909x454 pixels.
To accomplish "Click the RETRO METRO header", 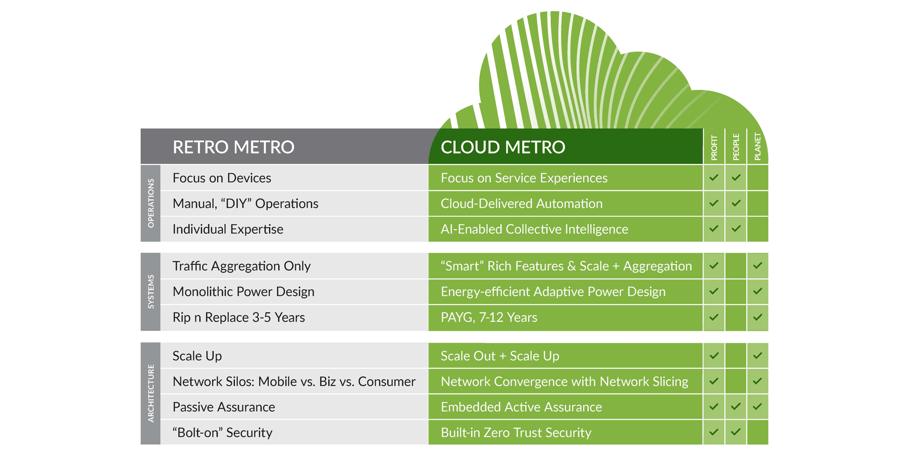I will click(233, 147).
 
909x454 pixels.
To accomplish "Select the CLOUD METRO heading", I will click(502, 147).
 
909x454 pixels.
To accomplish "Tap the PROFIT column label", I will click(714, 147).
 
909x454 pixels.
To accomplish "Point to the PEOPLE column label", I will click(736, 147).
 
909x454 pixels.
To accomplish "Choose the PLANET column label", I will click(757, 146).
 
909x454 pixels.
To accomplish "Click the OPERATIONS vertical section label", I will click(150, 203).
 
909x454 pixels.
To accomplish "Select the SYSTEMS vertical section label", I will click(150, 292).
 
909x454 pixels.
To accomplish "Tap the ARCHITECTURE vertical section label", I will click(150, 393).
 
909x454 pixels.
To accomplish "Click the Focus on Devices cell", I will click(222, 178).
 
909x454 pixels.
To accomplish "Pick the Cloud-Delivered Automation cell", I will click(521, 204).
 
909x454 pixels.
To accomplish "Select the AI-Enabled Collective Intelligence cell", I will click(534, 230).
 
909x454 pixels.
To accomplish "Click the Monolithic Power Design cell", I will click(243, 292).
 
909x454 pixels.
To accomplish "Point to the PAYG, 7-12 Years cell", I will click(489, 318).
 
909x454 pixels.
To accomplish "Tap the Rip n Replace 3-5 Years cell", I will click(238, 318).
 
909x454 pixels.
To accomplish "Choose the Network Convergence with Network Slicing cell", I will click(564, 382).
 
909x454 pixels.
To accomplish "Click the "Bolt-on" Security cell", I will click(222, 433).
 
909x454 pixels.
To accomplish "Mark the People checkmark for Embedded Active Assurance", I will click(736, 407).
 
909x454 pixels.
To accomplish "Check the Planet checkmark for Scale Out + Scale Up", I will click(757, 356).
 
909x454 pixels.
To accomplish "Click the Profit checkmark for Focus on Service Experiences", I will click(714, 178).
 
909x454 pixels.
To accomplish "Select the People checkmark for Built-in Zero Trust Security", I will click(736, 432).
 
